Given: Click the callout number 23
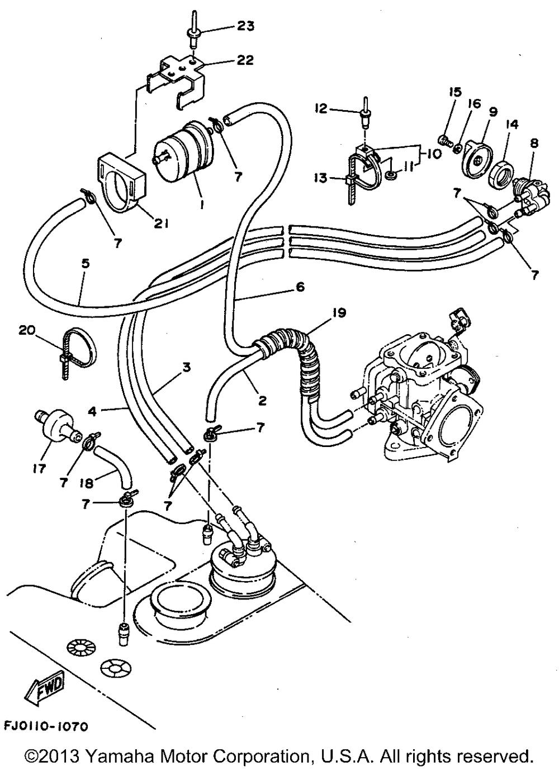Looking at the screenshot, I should [x=245, y=26].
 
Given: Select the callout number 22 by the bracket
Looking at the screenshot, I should [x=245, y=60].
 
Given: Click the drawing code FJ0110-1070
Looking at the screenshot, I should [x=45, y=727].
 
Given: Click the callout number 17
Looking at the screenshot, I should [x=39, y=469].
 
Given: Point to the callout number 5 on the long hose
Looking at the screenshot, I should [x=85, y=263].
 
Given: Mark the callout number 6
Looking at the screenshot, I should [x=300, y=287].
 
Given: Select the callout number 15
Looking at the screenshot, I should [x=454, y=92].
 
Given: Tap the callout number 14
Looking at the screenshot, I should [x=511, y=125].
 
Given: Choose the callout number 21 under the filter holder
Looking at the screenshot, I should [x=161, y=224].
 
